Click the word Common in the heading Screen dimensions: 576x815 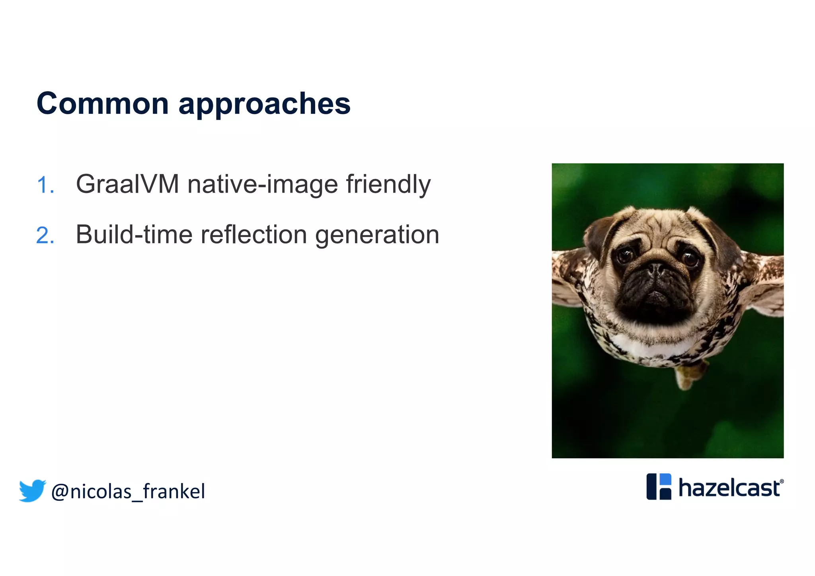(x=103, y=103)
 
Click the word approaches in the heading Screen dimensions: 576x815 (x=264, y=104)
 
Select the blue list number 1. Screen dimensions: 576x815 (x=45, y=185)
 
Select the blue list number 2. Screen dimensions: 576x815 (x=45, y=235)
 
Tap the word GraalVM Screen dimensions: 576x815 (x=127, y=184)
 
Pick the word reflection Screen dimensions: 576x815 (x=253, y=234)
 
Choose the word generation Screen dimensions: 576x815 (x=377, y=235)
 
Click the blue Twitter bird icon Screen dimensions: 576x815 (x=32, y=490)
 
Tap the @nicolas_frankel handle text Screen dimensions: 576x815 (x=128, y=492)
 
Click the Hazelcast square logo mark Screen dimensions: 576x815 (x=659, y=486)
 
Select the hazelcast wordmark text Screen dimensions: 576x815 (x=729, y=488)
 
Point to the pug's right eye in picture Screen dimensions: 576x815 (x=690, y=258)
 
